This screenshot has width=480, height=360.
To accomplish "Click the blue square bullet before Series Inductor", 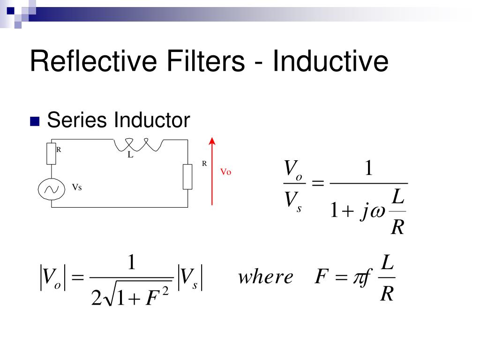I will click(34, 122).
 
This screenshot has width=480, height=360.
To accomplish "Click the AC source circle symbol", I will click(51, 189).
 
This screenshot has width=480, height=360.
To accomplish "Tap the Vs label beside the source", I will click(77, 188).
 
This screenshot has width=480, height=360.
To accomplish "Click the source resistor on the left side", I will click(51, 154).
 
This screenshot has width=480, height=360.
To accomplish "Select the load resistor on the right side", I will click(187, 177).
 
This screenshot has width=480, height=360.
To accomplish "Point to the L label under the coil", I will click(130, 155).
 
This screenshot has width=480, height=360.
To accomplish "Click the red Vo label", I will click(226, 172).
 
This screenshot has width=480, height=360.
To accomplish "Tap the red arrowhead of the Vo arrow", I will click(212, 141).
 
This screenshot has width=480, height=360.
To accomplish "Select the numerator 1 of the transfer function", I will click(368, 168).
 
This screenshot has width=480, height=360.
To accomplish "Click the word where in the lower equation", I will click(265, 277).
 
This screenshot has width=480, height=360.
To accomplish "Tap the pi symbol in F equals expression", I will click(357, 278).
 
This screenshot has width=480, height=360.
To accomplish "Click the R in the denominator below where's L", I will click(386, 295).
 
